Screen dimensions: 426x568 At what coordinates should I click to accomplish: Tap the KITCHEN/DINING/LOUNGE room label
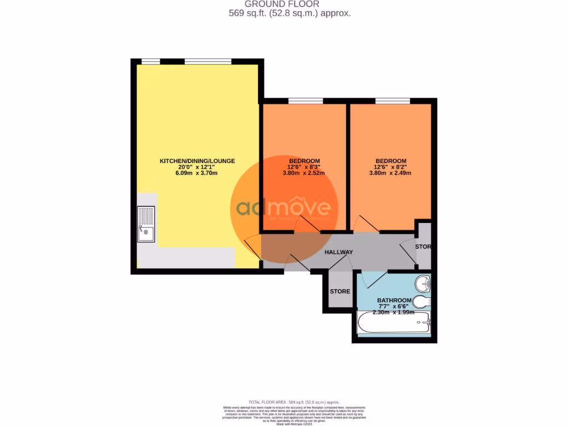(197, 161)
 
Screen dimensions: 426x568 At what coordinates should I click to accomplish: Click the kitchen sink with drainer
(146, 224)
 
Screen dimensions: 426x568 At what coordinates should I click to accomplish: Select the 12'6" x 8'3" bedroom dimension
(303, 167)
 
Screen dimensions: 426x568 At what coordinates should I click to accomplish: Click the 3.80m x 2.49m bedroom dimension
(390, 173)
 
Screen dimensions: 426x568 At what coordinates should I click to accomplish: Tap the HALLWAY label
(338, 252)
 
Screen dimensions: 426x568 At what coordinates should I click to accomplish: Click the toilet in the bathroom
(423, 302)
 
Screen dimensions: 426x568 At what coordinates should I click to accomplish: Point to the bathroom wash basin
(423, 285)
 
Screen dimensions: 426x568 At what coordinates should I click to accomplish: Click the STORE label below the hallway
(340, 291)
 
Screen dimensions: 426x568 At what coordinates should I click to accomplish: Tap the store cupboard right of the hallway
(424, 246)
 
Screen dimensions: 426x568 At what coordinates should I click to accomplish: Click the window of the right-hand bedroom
(392, 101)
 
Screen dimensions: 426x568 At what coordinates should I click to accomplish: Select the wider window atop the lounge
(207, 61)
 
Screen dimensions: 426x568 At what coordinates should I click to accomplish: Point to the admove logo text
(283, 209)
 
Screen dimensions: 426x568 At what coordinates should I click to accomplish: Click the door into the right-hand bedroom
(366, 224)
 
